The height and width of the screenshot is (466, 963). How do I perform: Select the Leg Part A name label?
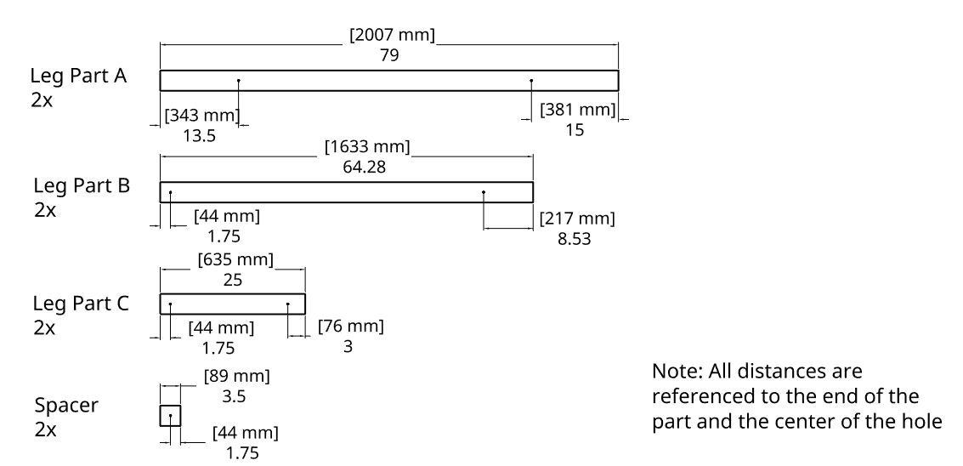[x=78, y=77]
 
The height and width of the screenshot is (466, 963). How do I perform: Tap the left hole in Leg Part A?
[x=239, y=81]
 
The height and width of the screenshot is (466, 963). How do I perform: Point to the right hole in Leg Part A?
[x=531, y=81]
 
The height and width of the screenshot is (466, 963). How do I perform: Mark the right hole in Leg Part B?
[x=484, y=192]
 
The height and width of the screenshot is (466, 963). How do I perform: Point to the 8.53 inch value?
[x=575, y=238]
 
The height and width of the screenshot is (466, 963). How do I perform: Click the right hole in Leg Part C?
[x=288, y=304]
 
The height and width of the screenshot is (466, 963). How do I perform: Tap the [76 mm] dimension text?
[x=350, y=327]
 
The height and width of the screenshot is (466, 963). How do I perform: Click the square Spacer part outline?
[x=170, y=416]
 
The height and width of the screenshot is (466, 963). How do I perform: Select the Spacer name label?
[x=66, y=405]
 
